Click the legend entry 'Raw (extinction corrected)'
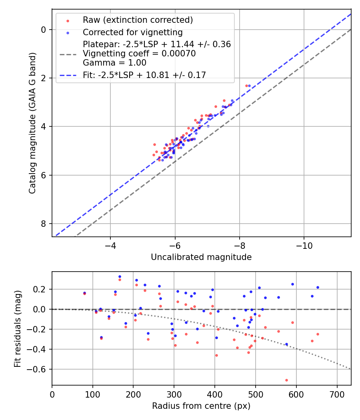coord(138,20)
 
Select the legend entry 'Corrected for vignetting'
coord(132,32)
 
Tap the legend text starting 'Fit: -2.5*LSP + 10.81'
coord(144,75)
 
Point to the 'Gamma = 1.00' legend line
coord(114,63)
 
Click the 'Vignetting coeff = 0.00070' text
coord(139,54)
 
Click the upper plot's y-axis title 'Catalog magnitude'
coord(32,122)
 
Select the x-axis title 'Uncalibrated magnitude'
coord(201,257)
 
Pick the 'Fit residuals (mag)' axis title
coord(17,329)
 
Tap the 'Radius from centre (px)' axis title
coord(201,406)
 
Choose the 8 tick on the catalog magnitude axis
coord(44,224)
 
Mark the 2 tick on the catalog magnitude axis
coord(44,78)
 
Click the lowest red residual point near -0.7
coord(286,380)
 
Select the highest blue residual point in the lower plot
coord(120,276)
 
